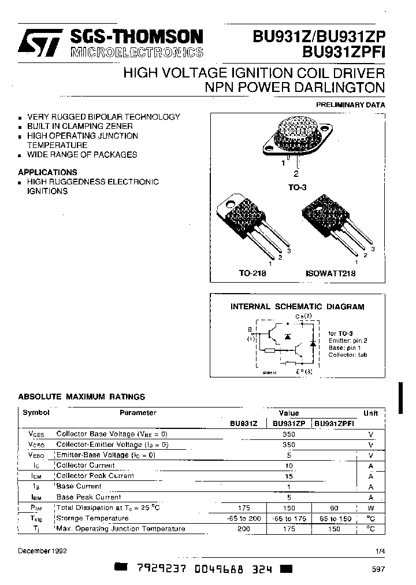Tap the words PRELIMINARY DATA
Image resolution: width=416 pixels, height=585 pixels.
pyautogui.click(x=350, y=105)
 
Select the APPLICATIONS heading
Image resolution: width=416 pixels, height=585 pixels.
pyautogui.click(x=47, y=172)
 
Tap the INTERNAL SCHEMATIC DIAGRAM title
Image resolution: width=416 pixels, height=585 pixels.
pyautogui.click(x=298, y=307)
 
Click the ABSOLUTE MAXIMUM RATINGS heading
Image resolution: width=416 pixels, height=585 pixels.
pyautogui.click(x=81, y=397)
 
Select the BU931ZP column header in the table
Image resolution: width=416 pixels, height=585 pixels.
pyautogui.click(x=289, y=424)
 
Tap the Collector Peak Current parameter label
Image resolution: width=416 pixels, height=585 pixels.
pyautogui.click(x=95, y=476)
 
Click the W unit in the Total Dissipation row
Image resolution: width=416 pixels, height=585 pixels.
pyautogui.click(x=370, y=508)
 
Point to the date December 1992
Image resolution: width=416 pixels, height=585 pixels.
pyautogui.click(x=43, y=551)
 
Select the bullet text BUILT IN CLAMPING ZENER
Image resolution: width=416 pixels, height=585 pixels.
pyautogui.click(x=80, y=126)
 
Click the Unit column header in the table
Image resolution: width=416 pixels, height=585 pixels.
pyautogui.click(x=370, y=413)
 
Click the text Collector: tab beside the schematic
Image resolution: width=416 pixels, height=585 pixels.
pyautogui.click(x=348, y=355)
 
